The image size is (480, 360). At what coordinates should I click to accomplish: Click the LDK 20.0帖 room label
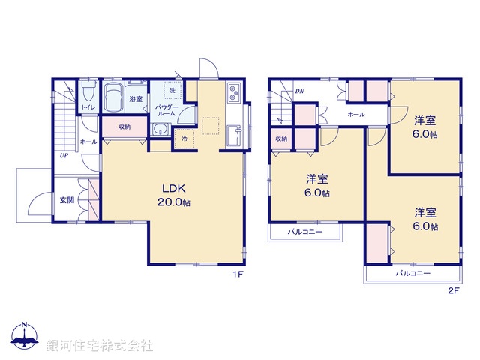[x=174, y=195]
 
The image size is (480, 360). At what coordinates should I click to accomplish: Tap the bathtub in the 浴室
[x=115, y=97]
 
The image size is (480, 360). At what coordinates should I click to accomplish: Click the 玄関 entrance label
[x=67, y=200]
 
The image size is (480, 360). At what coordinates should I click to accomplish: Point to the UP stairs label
[x=65, y=157]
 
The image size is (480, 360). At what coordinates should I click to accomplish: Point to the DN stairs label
[x=299, y=91]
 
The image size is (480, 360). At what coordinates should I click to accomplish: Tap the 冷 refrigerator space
[x=184, y=139]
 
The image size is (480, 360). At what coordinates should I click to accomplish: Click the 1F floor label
[x=237, y=274]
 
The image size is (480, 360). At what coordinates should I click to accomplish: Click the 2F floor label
[x=452, y=289]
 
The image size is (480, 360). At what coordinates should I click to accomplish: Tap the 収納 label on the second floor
[x=280, y=139]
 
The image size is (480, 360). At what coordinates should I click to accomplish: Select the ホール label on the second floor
[x=356, y=115]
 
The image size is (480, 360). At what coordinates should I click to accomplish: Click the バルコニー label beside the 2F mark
[x=413, y=275]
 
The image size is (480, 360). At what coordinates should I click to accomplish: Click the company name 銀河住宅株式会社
[x=99, y=346]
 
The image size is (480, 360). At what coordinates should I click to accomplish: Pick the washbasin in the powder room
[x=158, y=131]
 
